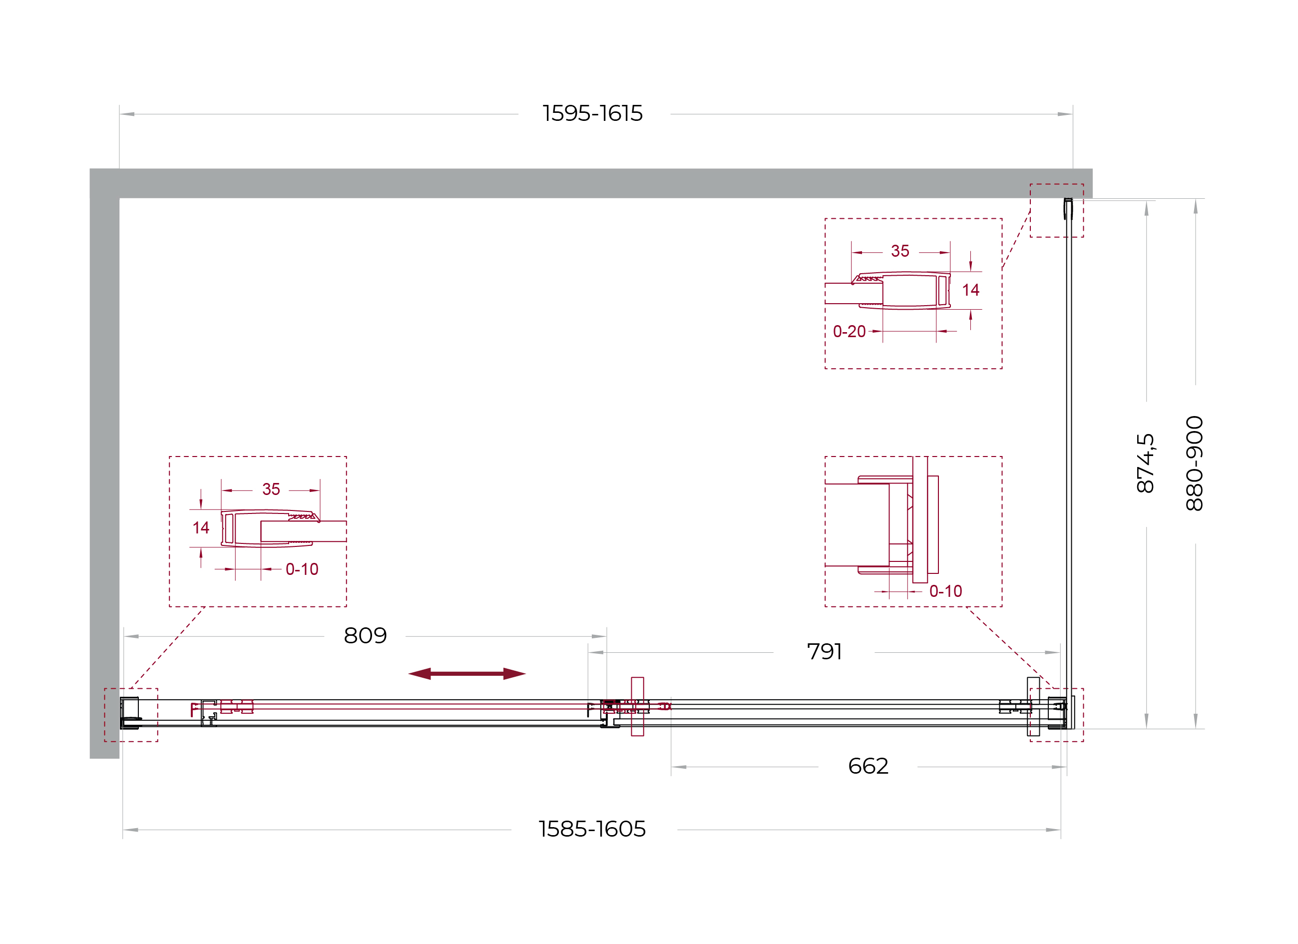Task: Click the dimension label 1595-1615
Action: [592, 113]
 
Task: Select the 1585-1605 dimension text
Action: [592, 829]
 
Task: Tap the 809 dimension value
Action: [365, 635]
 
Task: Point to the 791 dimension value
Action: [824, 651]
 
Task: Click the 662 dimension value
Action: [868, 766]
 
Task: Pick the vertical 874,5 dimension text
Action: [1145, 463]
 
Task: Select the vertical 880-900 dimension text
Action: [1195, 464]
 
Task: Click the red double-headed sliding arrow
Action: [467, 674]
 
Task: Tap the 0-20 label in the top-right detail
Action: [850, 332]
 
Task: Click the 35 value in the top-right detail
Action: [900, 251]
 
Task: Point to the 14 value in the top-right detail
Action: [971, 290]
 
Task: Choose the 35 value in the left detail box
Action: [271, 489]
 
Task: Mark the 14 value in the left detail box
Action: [201, 527]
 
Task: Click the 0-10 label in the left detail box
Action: [302, 569]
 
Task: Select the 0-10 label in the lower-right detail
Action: [946, 591]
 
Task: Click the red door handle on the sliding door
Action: [638, 706]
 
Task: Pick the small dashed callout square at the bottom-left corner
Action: [131, 715]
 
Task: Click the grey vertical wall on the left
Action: [104, 478]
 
